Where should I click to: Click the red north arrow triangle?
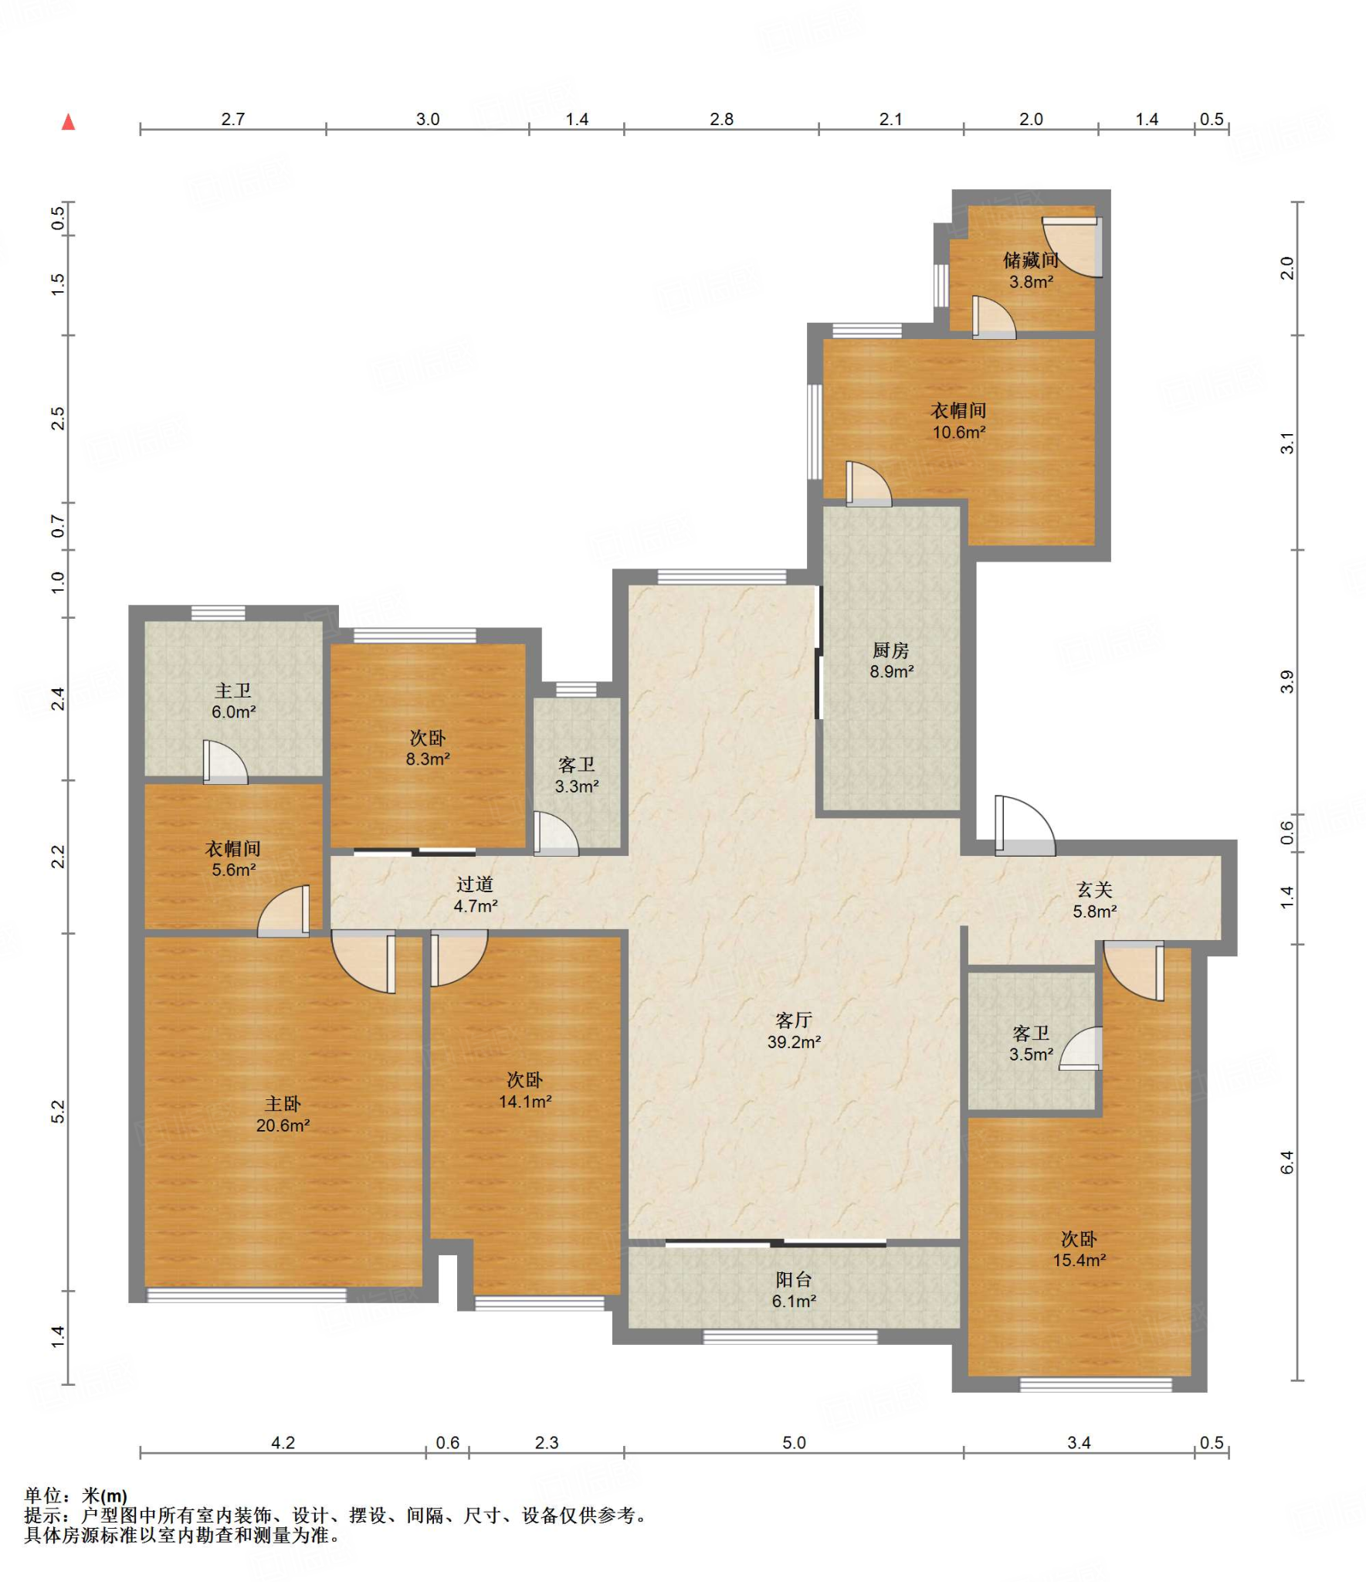[68, 121]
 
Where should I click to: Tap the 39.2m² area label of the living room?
[793, 1041]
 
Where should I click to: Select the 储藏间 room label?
[1030, 260]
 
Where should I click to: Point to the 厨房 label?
[890, 650]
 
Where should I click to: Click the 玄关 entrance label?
[1094, 890]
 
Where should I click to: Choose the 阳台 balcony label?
[794, 1280]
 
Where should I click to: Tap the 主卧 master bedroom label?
[283, 1105]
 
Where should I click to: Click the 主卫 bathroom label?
[232, 691]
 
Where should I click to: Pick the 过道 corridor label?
[474, 884]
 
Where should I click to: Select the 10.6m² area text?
[958, 433]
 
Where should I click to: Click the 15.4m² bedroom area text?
[1079, 1260]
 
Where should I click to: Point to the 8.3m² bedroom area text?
[428, 759]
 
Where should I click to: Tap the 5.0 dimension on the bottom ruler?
[794, 1442]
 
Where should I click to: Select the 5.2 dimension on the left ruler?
[58, 1112]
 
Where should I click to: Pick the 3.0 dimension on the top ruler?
[428, 119]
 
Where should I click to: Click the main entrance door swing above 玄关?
[1025, 825]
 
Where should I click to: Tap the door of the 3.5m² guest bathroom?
[1080, 1047]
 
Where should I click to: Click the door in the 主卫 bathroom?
[225, 762]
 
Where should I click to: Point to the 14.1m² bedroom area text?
[524, 1102]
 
